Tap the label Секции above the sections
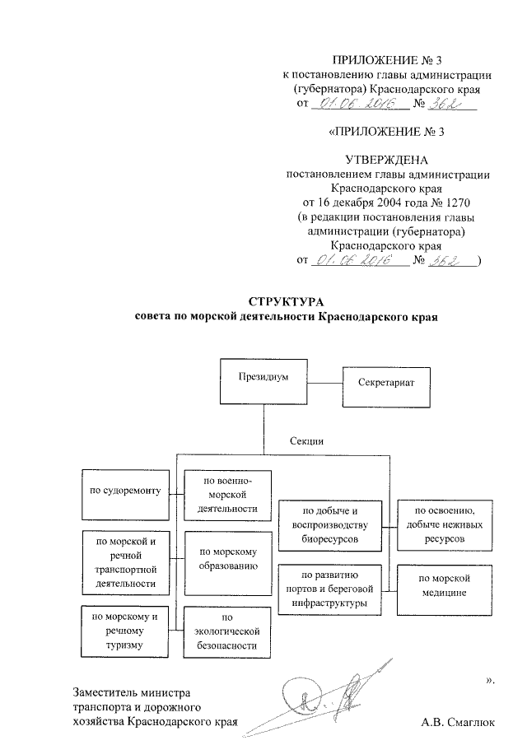point(305,441)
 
